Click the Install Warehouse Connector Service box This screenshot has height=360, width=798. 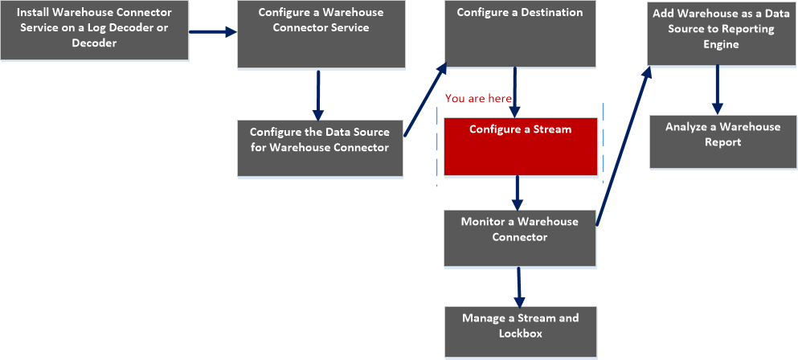click(x=94, y=30)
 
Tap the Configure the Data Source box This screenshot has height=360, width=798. click(x=319, y=148)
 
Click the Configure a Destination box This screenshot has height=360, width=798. click(x=519, y=33)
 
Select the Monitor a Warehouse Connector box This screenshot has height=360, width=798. click(x=519, y=238)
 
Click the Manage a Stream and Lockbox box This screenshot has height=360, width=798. click(x=520, y=332)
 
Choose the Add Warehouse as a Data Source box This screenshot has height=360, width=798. click(x=720, y=32)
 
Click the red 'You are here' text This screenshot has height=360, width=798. click(x=478, y=98)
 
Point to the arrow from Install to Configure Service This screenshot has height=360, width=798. click(x=213, y=32)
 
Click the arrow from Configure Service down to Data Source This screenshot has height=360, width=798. click(x=318, y=95)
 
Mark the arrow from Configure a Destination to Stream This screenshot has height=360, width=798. click(x=515, y=91)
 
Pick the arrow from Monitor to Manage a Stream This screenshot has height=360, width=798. click(x=519, y=285)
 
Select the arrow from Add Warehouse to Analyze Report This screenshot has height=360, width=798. click(x=718, y=88)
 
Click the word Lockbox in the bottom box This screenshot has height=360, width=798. click(x=520, y=333)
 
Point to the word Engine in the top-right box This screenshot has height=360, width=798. click(x=720, y=45)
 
